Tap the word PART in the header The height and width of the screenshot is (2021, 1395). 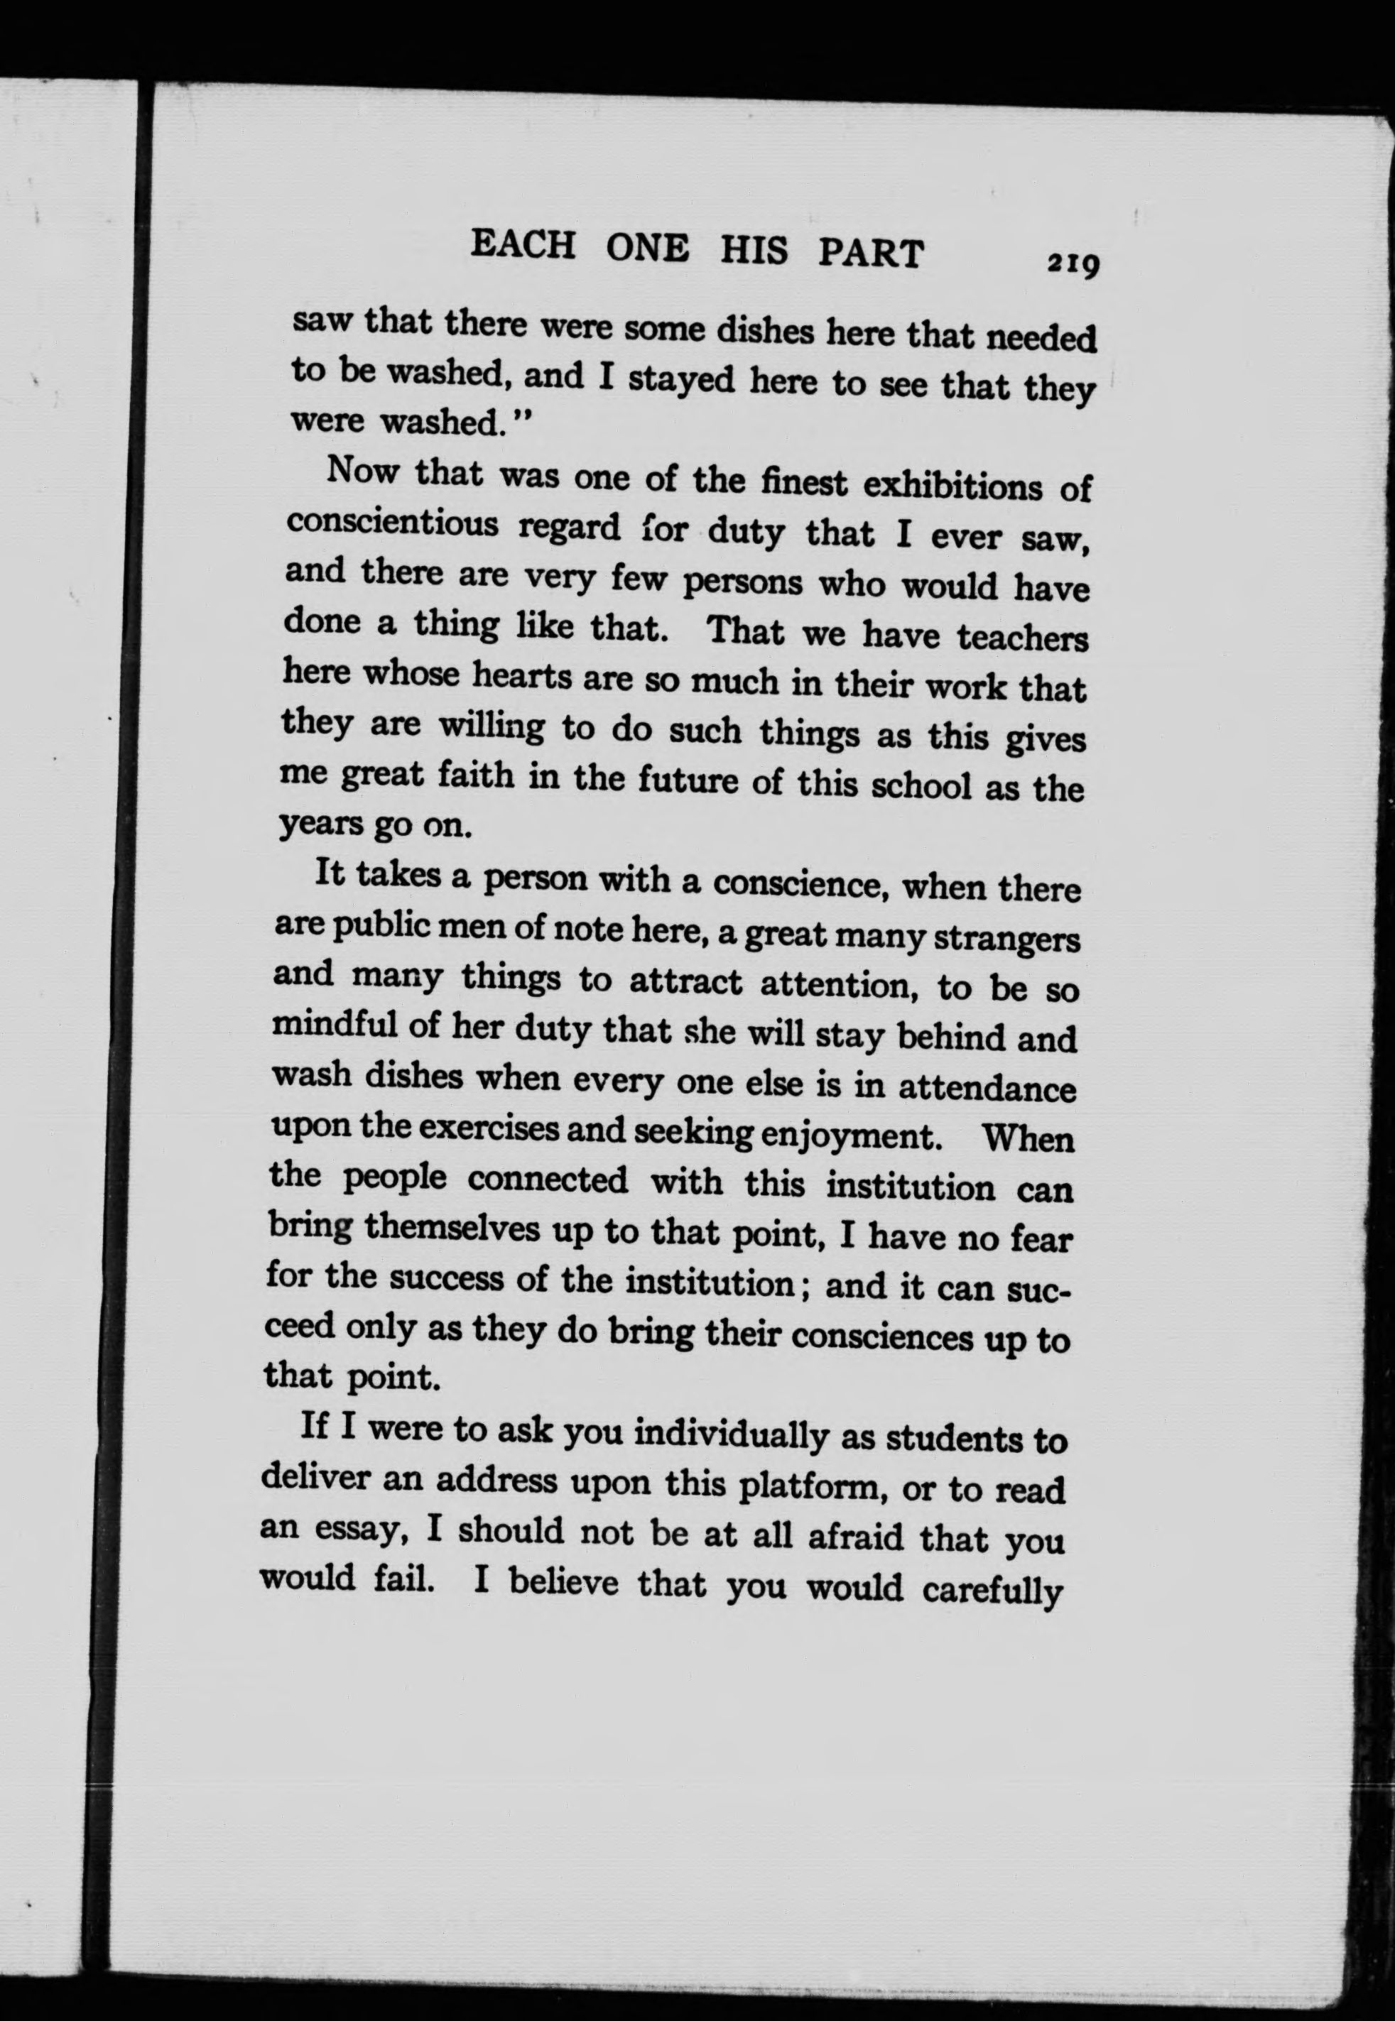871,253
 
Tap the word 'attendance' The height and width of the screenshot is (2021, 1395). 987,1089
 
